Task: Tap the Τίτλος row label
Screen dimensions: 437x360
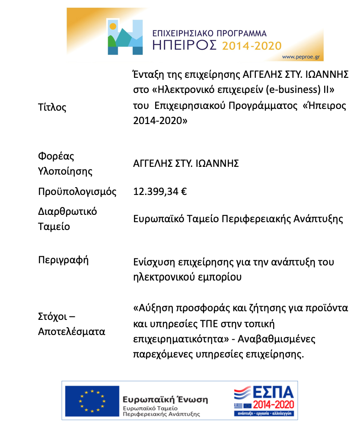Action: pyautogui.click(x=52, y=107)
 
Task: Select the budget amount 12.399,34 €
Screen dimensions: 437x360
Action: pyautogui.click(x=160, y=191)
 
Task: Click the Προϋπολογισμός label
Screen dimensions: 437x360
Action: pyautogui.click(x=77, y=191)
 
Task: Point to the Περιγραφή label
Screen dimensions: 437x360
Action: pyautogui.click(x=63, y=260)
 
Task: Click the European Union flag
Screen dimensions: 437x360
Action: pyautogui.click(x=92, y=401)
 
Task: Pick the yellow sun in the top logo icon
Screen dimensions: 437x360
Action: pyautogui.click(x=113, y=26)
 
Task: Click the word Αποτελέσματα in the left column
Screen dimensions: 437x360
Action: pyautogui.click(x=71, y=332)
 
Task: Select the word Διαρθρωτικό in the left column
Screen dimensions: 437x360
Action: pyautogui.click(x=67, y=211)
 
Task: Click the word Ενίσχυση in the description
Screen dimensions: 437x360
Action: pyautogui.click(x=153, y=262)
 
